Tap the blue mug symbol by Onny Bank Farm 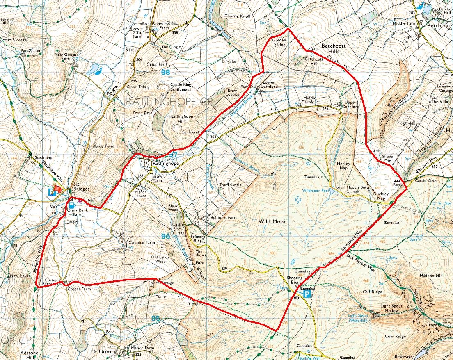[x=72, y=205]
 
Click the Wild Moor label [x=272, y=221]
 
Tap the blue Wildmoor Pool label [x=315, y=191]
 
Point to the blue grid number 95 [x=155, y=318]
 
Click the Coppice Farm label [x=142, y=242]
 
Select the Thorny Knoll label [x=237, y=16]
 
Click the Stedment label [x=44, y=157]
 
